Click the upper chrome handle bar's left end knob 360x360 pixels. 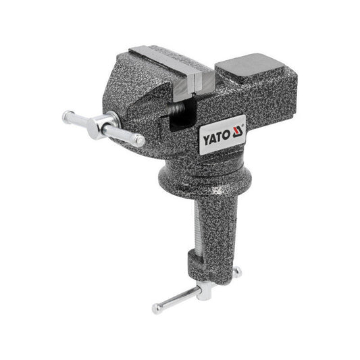click(69, 115)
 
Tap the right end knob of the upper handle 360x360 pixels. click(139, 140)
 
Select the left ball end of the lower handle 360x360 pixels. click(157, 309)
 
